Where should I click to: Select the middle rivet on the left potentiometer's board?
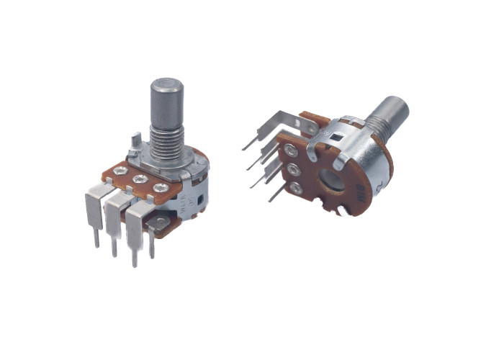tap(141, 179)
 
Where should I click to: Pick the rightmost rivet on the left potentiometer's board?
tap(161, 188)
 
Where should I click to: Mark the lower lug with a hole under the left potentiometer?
tap(157, 228)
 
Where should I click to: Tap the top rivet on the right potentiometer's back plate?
tap(291, 151)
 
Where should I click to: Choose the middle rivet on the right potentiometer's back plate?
tap(293, 171)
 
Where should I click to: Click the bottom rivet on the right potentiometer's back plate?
tap(296, 189)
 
